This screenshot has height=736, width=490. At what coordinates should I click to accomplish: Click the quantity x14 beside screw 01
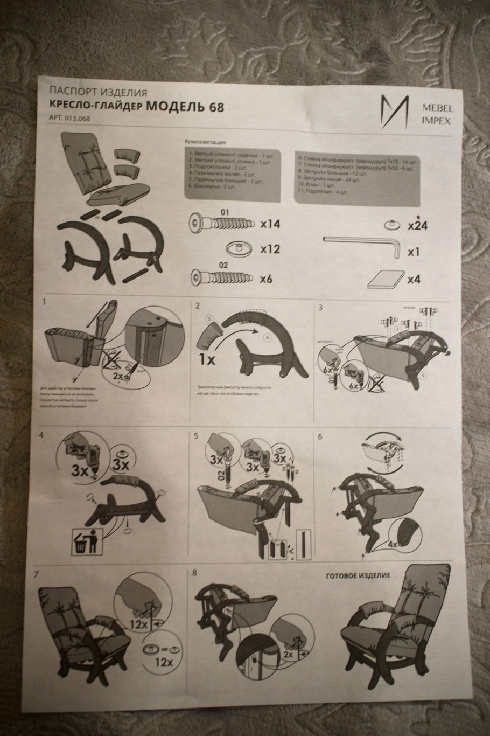tap(270, 224)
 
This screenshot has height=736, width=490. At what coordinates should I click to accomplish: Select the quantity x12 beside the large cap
tap(270, 249)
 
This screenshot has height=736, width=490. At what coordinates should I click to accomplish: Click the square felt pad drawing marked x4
tap(384, 279)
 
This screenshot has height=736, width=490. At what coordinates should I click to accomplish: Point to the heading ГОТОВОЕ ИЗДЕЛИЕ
tap(358, 575)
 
